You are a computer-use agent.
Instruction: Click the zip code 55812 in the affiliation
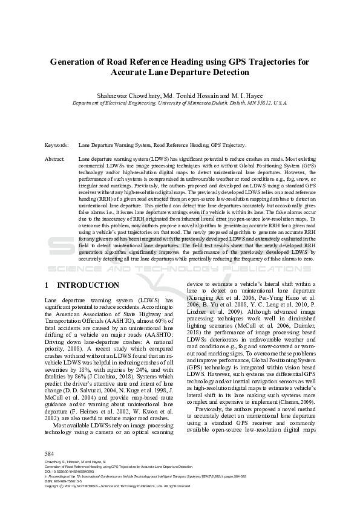(247, 103)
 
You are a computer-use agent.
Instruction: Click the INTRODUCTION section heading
(88, 285)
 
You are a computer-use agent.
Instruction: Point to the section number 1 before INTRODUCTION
(47, 285)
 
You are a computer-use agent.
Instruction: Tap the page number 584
(50, 453)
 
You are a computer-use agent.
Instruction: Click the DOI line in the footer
(70, 471)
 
